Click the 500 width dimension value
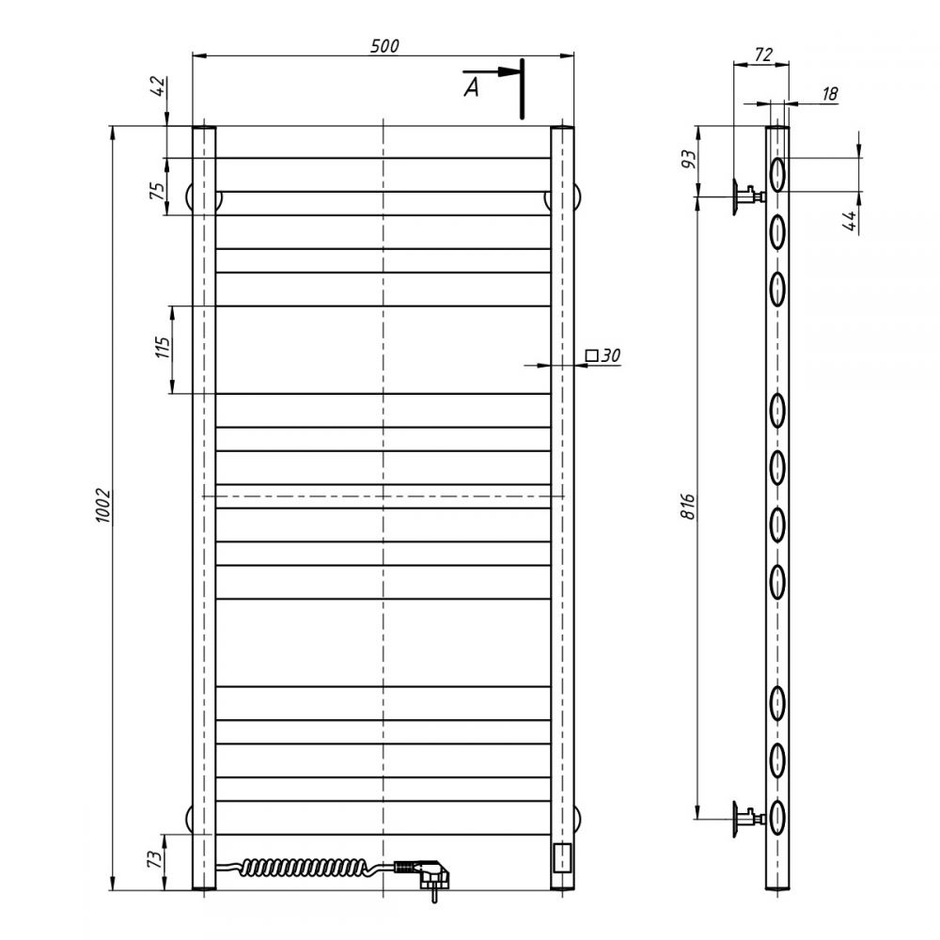(x=384, y=46)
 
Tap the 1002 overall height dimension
(x=103, y=506)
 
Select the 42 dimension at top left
(x=158, y=86)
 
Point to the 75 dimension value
(x=157, y=190)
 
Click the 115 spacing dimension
(x=163, y=347)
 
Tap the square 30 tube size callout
(x=603, y=355)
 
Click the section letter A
(x=472, y=87)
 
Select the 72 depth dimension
(x=763, y=55)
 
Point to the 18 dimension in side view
(x=830, y=93)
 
